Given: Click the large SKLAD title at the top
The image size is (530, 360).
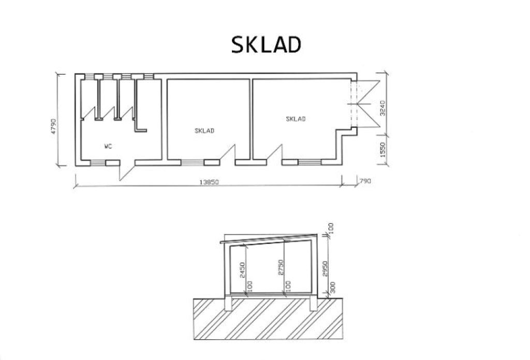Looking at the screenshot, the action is pos(266,45).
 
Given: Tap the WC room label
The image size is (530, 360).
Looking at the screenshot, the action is pos(108,147).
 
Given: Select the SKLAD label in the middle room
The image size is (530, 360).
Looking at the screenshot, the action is pos(204,131).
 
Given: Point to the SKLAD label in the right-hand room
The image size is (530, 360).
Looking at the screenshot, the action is pos(296,119).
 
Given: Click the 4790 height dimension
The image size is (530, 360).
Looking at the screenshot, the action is pos(54,126).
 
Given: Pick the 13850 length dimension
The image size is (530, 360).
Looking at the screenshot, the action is pos(209,182).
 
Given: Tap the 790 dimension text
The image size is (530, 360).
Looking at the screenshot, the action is pos(365,181).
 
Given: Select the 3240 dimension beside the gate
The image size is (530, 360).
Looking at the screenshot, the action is pos(382,108).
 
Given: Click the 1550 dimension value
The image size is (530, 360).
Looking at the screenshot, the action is pos(382,150).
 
